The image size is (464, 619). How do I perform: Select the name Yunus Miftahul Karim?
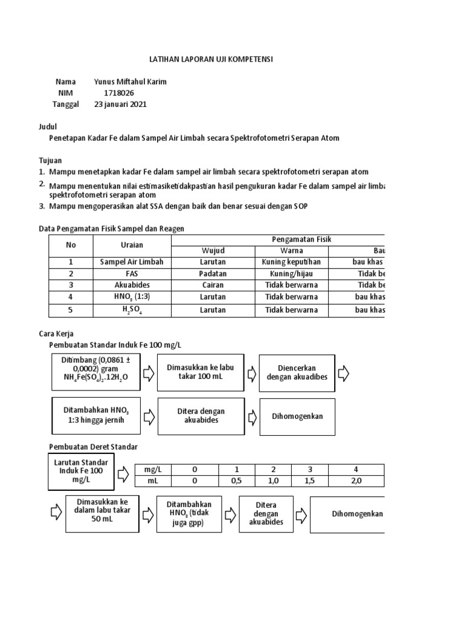pyautogui.click(x=130, y=82)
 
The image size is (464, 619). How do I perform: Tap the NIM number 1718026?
pyautogui.click(x=119, y=93)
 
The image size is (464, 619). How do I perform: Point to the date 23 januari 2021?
pyautogui.click(x=120, y=104)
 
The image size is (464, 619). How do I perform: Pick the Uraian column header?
pyautogui.click(x=132, y=245)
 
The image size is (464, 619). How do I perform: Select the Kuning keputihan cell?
pyautogui.click(x=291, y=262)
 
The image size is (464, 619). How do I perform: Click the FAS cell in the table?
pyautogui.click(x=132, y=273)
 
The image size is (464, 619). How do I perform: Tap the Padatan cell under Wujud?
pyautogui.click(x=212, y=273)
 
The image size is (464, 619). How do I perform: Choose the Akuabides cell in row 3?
pyautogui.click(x=132, y=285)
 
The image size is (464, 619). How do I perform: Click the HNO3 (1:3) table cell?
pyautogui.click(x=132, y=297)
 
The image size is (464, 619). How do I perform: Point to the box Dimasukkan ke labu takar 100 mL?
pyautogui.click(x=200, y=372)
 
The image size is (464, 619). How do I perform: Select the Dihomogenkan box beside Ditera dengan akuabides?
pyautogui.click(x=297, y=416)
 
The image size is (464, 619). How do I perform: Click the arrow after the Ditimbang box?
pyautogui.click(x=148, y=374)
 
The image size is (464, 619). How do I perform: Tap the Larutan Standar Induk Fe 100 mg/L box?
pyautogui.click(x=82, y=472)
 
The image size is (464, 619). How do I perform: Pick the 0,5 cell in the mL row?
pyautogui.click(x=237, y=481)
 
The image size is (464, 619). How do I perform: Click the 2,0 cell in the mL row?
pyautogui.click(x=356, y=481)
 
